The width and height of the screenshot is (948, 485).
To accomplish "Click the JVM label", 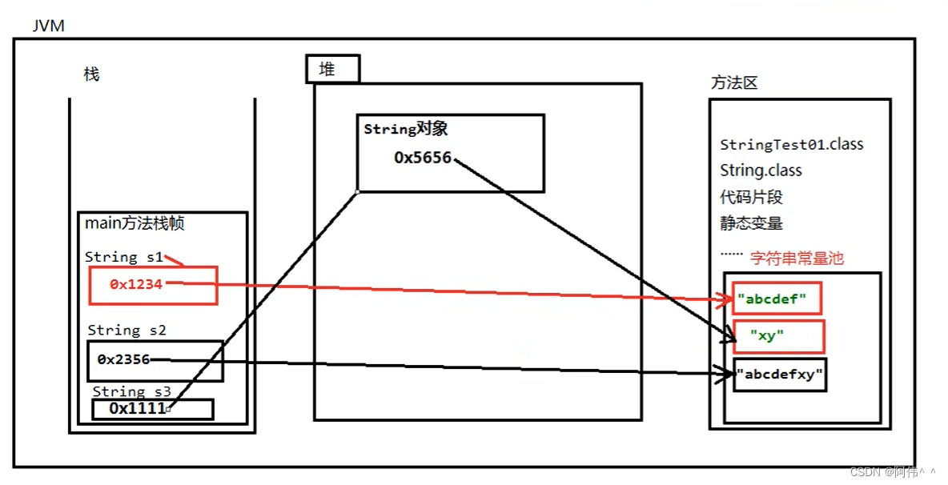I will (x=48, y=26).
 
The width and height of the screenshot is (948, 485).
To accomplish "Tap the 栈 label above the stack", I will (x=91, y=74).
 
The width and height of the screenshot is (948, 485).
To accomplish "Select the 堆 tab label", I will (x=327, y=70).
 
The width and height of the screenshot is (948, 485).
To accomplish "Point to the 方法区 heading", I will (x=733, y=82).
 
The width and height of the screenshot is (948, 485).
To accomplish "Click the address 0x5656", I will (x=423, y=158).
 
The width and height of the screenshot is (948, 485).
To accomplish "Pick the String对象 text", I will (x=405, y=129).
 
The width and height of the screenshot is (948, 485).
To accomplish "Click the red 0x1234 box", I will (x=152, y=285).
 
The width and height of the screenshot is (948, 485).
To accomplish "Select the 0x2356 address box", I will (x=155, y=360).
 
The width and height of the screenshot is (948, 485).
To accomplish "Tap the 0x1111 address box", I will (x=152, y=409).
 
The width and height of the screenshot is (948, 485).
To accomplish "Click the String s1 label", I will (x=124, y=257).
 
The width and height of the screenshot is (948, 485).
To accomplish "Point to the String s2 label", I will (x=127, y=331).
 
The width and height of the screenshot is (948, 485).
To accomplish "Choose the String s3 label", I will (x=132, y=391).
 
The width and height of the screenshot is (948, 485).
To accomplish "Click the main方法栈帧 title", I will (x=135, y=224).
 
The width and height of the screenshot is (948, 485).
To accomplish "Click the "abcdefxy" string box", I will (x=779, y=375).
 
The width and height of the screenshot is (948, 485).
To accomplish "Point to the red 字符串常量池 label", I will (x=796, y=259).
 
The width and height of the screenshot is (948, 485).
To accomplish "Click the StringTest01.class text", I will (x=791, y=145).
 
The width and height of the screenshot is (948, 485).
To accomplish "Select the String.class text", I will (x=761, y=170).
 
